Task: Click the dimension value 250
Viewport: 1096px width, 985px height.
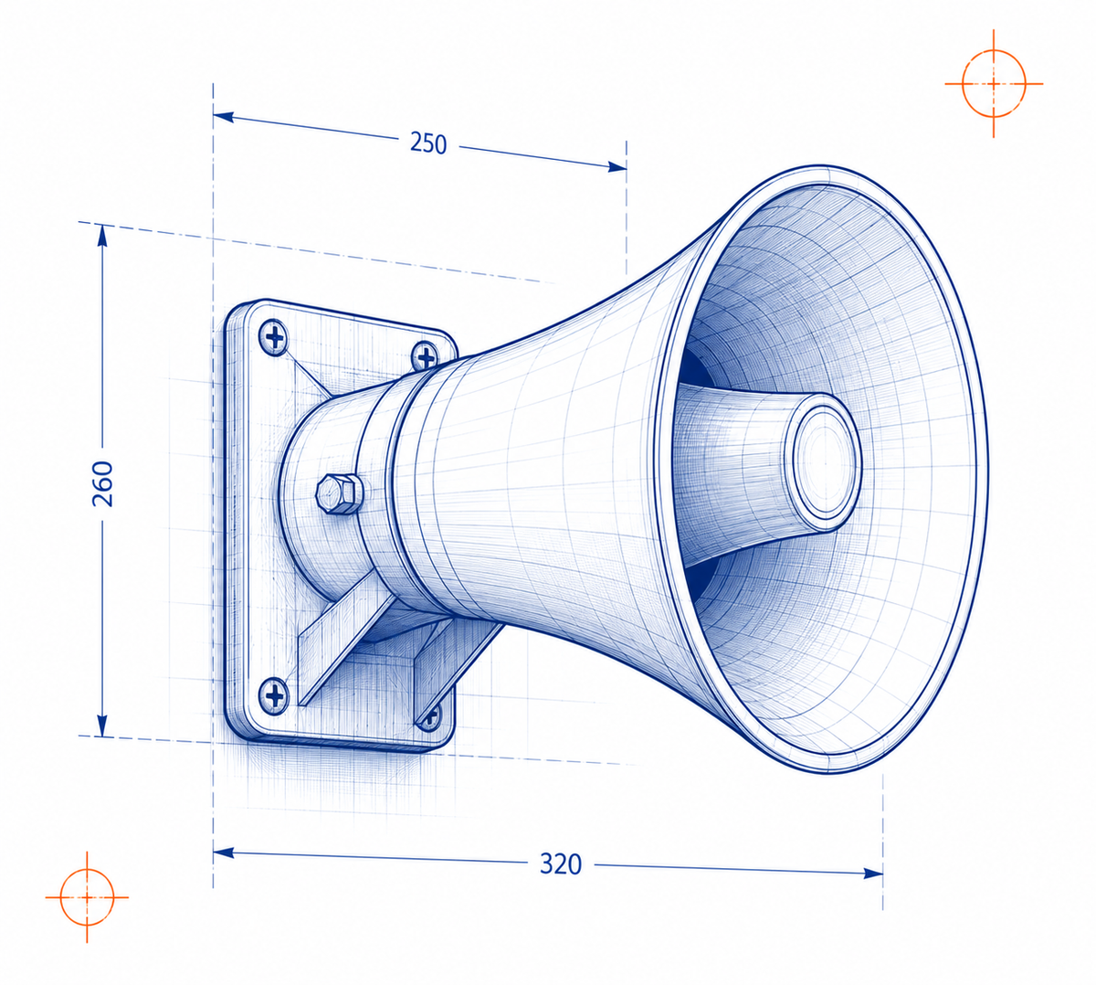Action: (428, 143)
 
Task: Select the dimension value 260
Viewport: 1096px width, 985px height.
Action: (103, 484)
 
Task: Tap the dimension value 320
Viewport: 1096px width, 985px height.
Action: (561, 864)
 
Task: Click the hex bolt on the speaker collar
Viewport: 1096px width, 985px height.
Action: (339, 493)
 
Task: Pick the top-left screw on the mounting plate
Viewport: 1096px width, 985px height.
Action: (274, 338)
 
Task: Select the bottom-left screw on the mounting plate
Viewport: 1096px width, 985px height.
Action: (274, 695)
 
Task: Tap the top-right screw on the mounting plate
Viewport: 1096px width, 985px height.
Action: (426, 356)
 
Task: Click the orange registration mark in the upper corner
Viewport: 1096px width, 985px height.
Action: (994, 84)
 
